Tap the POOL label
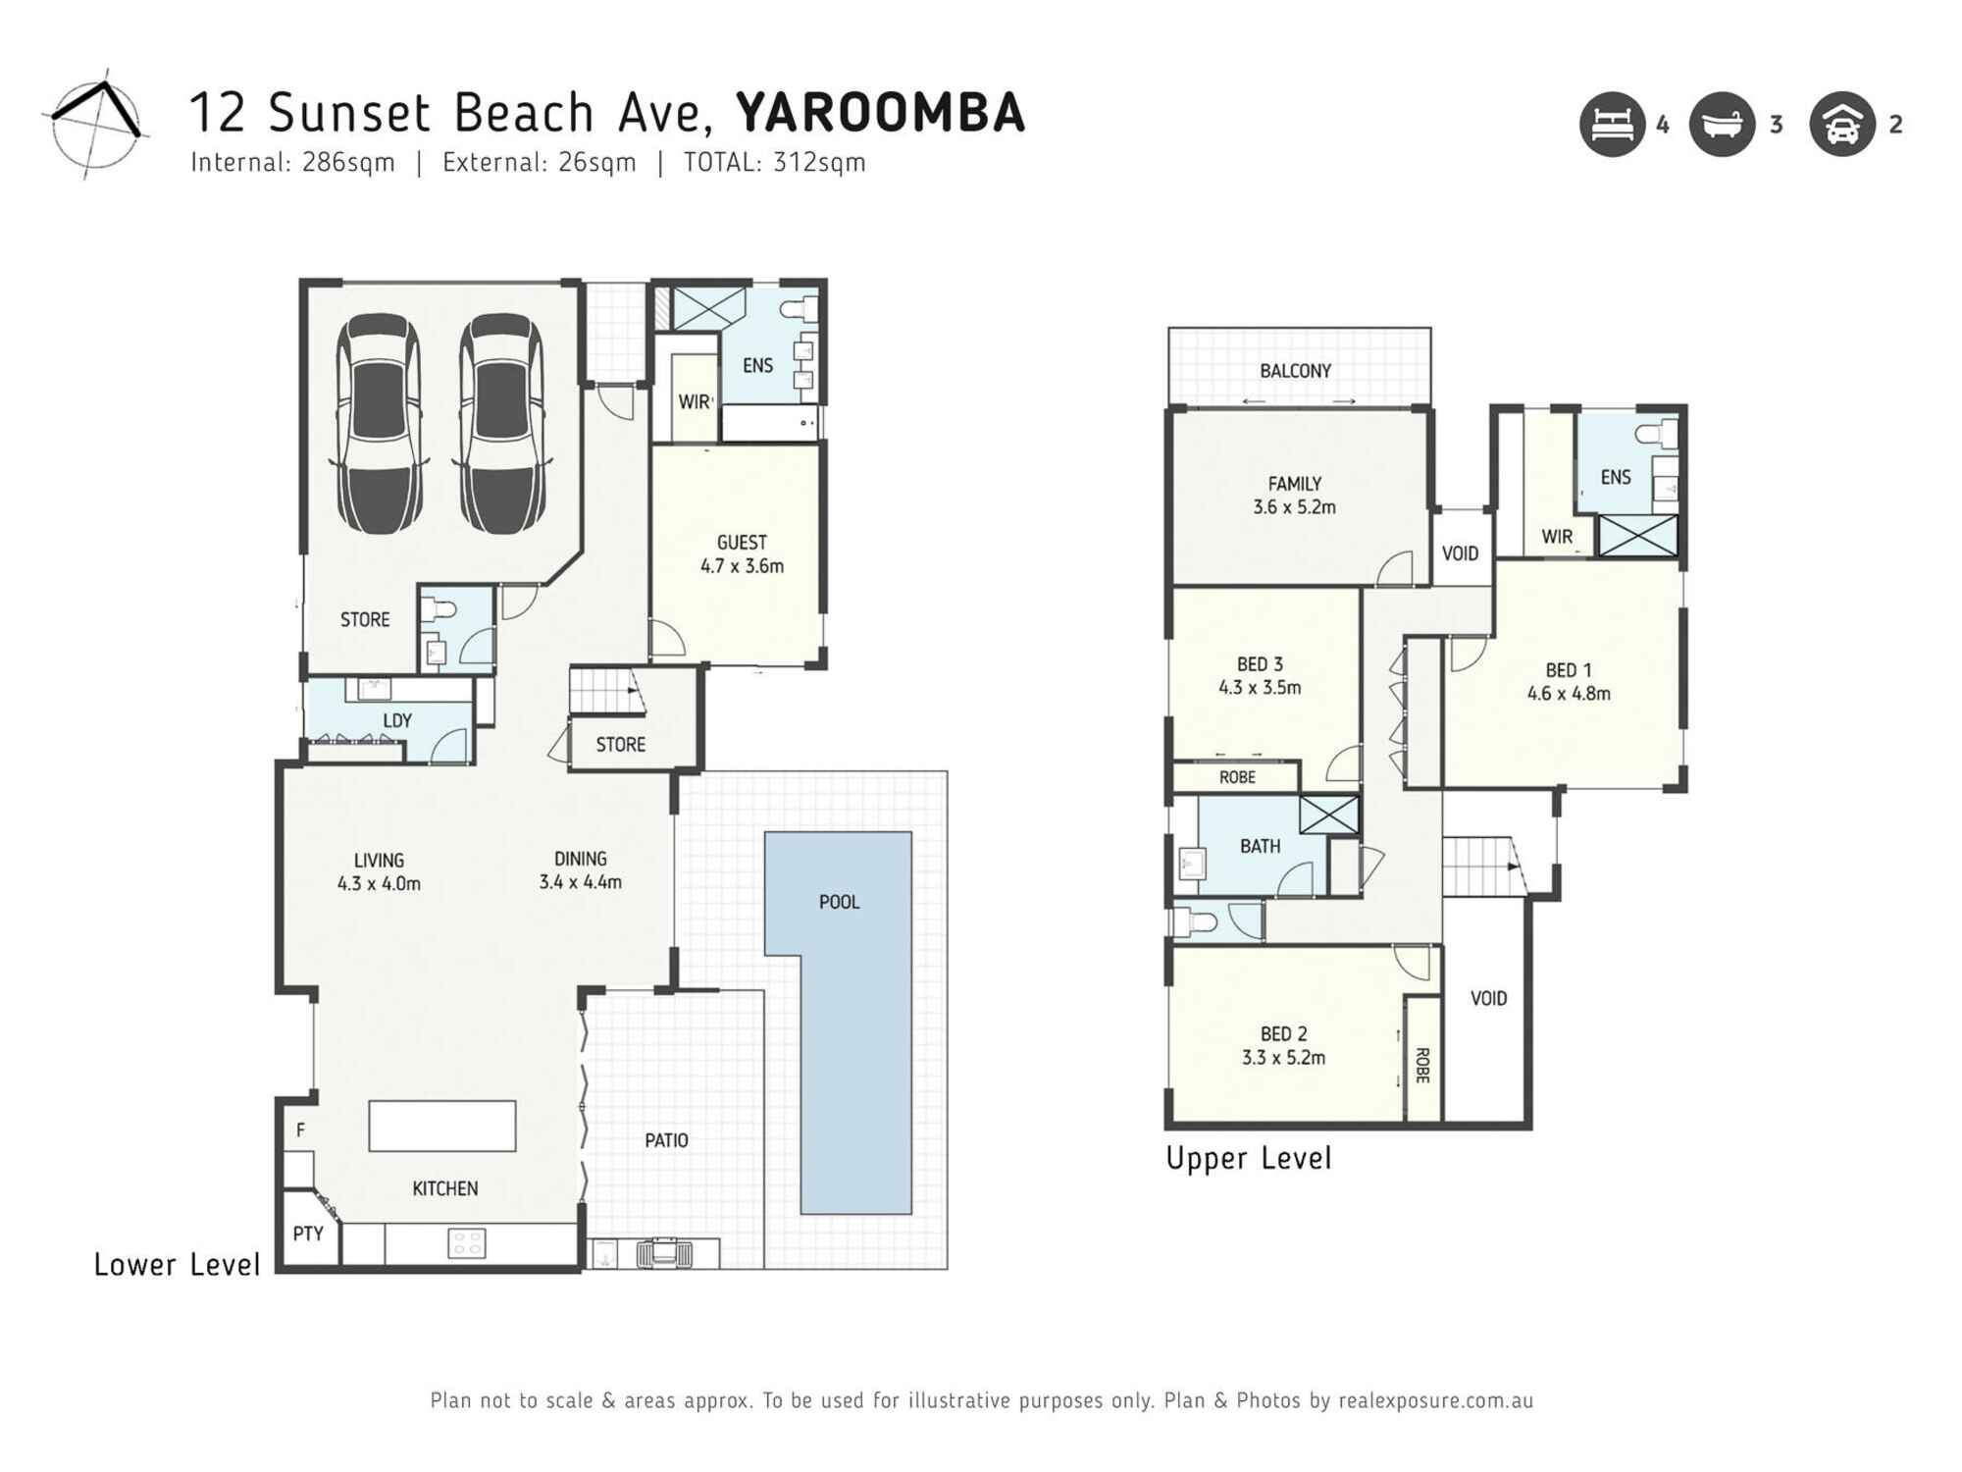click(x=839, y=902)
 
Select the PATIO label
click(x=666, y=1140)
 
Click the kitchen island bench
click(x=442, y=1126)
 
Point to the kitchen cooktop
click(x=466, y=1243)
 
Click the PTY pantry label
click(x=308, y=1234)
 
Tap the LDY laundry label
click(x=397, y=720)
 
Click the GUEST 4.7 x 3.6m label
click(x=742, y=553)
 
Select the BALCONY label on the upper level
click(x=1295, y=371)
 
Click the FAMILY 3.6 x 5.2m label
click(x=1294, y=495)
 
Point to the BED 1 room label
click(x=1568, y=681)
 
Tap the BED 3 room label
click(x=1260, y=675)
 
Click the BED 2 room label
click(x=1283, y=1045)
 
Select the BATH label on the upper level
click(x=1260, y=846)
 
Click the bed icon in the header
click(x=1612, y=125)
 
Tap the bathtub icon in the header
click(x=1722, y=125)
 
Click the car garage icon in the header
click(x=1842, y=125)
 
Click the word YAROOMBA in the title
click(x=880, y=112)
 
